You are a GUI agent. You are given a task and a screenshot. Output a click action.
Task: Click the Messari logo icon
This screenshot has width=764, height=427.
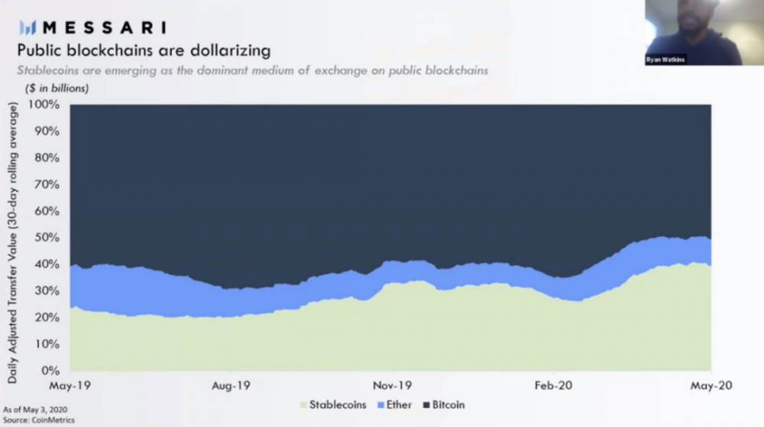[28, 28]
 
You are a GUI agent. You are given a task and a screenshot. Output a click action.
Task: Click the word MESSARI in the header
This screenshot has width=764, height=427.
[104, 28]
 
